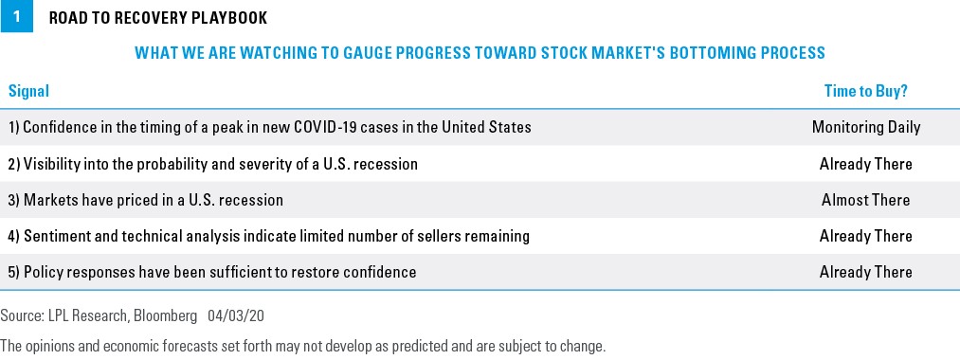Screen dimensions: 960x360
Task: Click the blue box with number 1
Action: [16, 16]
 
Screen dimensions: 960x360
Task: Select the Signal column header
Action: [28, 91]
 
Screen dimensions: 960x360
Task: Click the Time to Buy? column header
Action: [866, 91]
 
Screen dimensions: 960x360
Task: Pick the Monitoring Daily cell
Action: [866, 127]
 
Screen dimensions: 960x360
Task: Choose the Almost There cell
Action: [866, 200]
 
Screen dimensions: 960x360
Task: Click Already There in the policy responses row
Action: [866, 272]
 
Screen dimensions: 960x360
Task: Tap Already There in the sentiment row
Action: [866, 236]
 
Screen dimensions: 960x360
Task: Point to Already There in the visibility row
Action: [866, 164]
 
